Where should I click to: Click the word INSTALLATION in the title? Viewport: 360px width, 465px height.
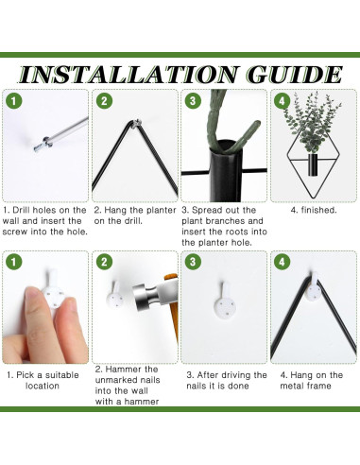pyautogui.click(x=128, y=75)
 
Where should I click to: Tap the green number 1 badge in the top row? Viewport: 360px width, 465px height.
pyautogui.click(x=13, y=101)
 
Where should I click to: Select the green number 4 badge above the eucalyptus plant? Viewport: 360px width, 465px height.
pyautogui.click(x=282, y=101)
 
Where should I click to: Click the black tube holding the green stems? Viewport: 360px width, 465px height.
pyautogui.click(x=226, y=171)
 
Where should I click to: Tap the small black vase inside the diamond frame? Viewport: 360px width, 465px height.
pyautogui.click(x=313, y=164)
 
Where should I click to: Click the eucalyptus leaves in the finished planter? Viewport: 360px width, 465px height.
pyautogui.click(x=312, y=123)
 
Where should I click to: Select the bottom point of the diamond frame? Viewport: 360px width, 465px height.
pyautogui.click(x=314, y=198)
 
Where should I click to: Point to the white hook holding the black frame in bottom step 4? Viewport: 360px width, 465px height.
pyautogui.click(x=314, y=286)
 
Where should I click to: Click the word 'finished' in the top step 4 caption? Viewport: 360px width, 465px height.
pyautogui.click(x=318, y=210)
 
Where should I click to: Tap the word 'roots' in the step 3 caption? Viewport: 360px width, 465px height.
pyautogui.click(x=234, y=232)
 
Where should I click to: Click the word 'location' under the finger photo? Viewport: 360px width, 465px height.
pyautogui.click(x=43, y=386)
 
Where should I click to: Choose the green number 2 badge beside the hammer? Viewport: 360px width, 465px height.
pyautogui.click(x=104, y=262)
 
